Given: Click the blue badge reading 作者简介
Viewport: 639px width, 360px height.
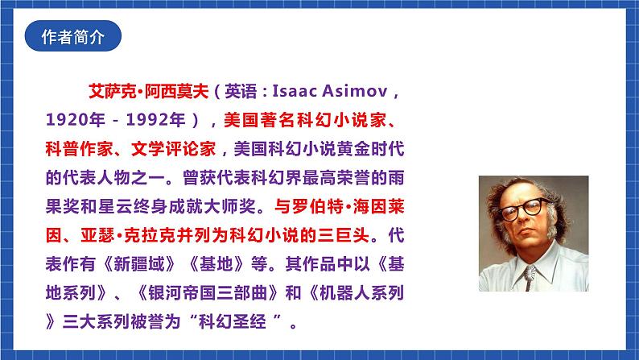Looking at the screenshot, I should pyautogui.click(x=72, y=37).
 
